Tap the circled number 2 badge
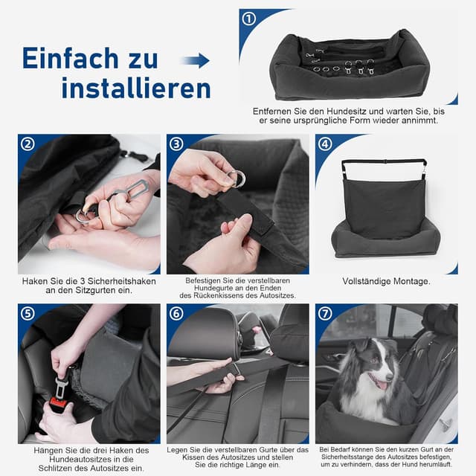click(x=28, y=144)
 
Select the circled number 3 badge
click(x=176, y=144)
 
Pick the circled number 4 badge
click(x=325, y=144)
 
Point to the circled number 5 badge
click(x=28, y=313)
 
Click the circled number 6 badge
click(x=176, y=313)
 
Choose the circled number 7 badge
click(x=325, y=313)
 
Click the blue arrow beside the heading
click(x=195, y=60)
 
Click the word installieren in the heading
click(x=135, y=89)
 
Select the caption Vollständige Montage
click(x=386, y=281)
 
